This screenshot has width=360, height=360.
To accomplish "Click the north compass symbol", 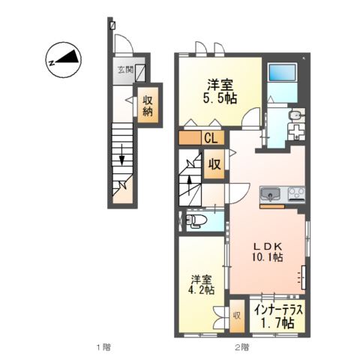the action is pyautogui.click(x=63, y=60).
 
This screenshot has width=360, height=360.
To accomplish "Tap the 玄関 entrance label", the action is pyautogui.click(x=125, y=69).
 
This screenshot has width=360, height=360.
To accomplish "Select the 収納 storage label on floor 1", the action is pyautogui.click(x=148, y=106).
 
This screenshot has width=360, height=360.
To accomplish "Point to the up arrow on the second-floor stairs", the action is pyautogui.click(x=189, y=186).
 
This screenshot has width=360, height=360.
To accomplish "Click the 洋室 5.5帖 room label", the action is pyautogui.click(x=220, y=91).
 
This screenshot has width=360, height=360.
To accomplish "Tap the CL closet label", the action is pyautogui.click(x=211, y=138).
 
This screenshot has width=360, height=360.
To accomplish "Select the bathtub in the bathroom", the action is pyautogui.click(x=282, y=73).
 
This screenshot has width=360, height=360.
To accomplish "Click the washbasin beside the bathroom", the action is pyautogui.click(x=296, y=115).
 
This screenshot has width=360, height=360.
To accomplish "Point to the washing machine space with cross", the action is pyautogui.click(x=296, y=131).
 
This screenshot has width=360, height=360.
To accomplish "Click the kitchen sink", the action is pyautogui.click(x=270, y=193).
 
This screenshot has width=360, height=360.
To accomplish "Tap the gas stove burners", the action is pyautogui.click(x=296, y=193).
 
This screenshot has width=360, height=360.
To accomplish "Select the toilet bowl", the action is pyautogui.click(x=196, y=220).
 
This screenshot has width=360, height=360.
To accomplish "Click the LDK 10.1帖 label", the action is pyautogui.click(x=267, y=251).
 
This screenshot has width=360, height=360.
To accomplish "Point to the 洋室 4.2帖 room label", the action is pyautogui.click(x=202, y=285).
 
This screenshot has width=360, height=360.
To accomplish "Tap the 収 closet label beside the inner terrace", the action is pyautogui.click(x=237, y=316).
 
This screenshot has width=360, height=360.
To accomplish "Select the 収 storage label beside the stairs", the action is pyautogui.click(x=214, y=164).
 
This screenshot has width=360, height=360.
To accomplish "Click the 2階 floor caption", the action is pyautogui.click(x=242, y=347).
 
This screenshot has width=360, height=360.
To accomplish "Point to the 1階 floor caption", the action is pyautogui.click(x=103, y=347).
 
